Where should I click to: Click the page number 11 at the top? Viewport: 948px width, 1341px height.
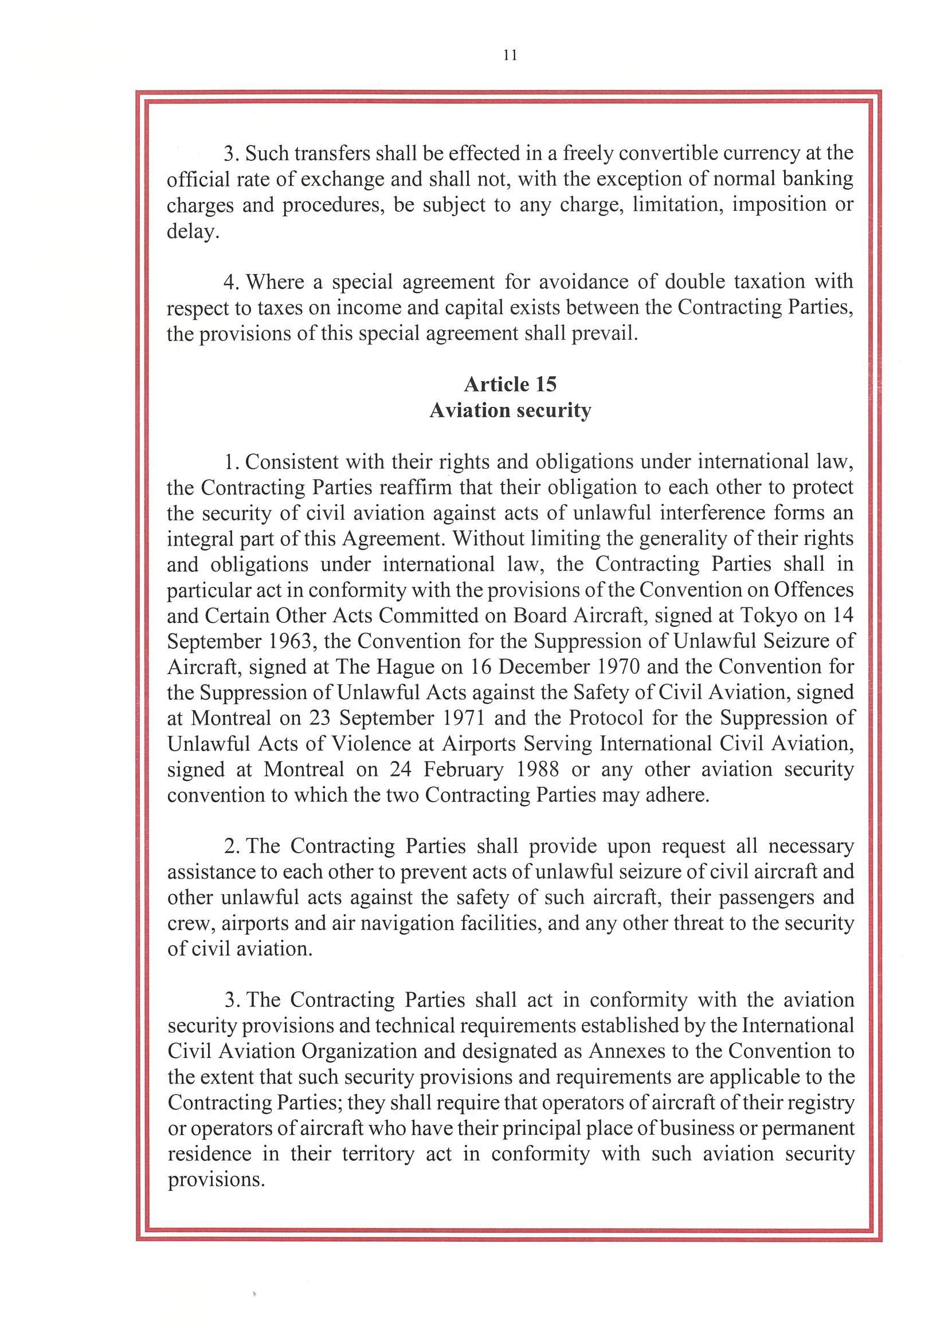pyautogui.click(x=510, y=56)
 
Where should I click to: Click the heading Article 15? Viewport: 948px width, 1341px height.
pyautogui.click(x=510, y=385)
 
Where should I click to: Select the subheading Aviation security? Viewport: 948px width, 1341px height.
pyautogui.click(x=510, y=410)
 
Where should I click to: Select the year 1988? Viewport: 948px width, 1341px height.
pyautogui.click(x=538, y=769)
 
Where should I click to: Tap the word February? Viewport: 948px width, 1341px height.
pyautogui.click(x=463, y=769)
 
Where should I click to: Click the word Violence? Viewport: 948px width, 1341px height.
pyautogui.click(x=381, y=743)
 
